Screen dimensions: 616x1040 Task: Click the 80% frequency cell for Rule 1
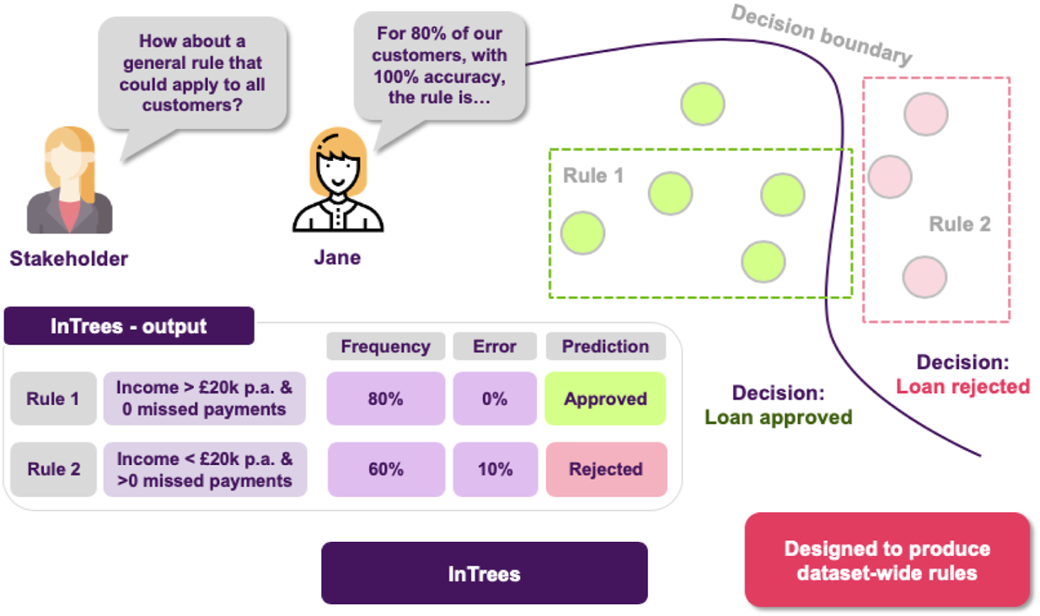coord(385,399)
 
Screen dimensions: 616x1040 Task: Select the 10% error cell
coord(495,469)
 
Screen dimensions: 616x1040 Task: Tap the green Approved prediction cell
coord(605,399)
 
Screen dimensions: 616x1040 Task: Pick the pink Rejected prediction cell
coord(605,469)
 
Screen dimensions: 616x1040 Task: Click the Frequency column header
coord(385,346)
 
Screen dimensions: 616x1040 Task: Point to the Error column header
coord(495,346)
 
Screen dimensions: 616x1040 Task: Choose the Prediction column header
coord(605,346)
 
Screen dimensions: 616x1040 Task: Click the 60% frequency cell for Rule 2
coord(385,469)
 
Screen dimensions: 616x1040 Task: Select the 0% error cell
coord(495,399)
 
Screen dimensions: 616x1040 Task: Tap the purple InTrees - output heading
coord(129,326)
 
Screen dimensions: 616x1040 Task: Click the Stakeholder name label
coord(69,258)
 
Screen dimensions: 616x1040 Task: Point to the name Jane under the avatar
coord(337,257)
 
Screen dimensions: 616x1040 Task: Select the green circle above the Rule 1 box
coord(703,104)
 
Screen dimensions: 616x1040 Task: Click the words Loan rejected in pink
coord(962,387)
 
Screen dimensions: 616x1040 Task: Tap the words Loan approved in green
coord(778,417)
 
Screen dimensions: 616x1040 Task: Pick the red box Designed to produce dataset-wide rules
coord(887,560)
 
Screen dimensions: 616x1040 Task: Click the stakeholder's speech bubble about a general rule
coord(192,73)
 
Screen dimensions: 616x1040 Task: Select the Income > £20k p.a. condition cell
coord(205,399)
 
